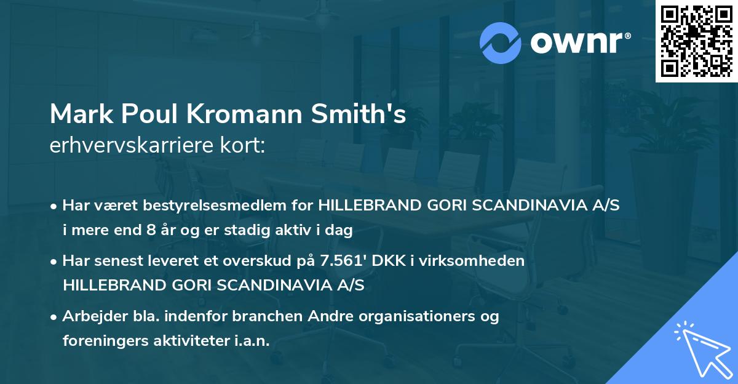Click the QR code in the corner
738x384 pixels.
tap(696, 41)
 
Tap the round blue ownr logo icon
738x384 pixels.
tap(501, 42)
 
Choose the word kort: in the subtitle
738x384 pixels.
tap(243, 146)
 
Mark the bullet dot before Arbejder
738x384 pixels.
tap(54, 316)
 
